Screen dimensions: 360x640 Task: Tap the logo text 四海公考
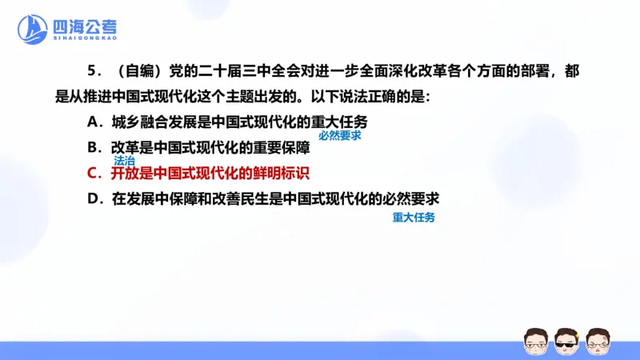(83, 24)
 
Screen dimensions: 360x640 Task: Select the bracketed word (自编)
(130, 72)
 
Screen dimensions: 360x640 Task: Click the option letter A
(93, 122)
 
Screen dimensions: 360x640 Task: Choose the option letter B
(93, 147)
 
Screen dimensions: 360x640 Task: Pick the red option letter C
(93, 173)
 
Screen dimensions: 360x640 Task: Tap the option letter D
(93, 198)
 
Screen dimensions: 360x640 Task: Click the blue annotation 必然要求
(339, 135)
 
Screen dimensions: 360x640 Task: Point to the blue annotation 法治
(124, 160)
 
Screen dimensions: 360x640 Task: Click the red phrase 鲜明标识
(283, 173)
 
